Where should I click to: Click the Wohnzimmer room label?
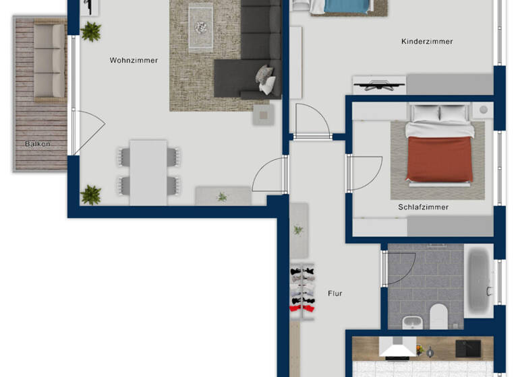(x=134, y=61)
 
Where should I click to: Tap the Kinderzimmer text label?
(x=427, y=42)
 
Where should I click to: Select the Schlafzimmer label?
(x=423, y=207)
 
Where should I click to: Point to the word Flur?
(x=335, y=294)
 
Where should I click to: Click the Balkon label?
(x=38, y=144)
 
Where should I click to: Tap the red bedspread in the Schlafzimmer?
(x=439, y=159)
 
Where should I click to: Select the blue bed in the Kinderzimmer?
(x=347, y=5)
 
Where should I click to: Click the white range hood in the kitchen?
(x=397, y=347)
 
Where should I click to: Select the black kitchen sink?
(x=467, y=348)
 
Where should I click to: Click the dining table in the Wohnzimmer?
(x=148, y=171)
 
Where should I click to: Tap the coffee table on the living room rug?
(x=201, y=27)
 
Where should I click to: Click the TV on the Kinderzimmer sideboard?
(x=378, y=85)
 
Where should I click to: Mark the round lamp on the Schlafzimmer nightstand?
(x=483, y=109)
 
